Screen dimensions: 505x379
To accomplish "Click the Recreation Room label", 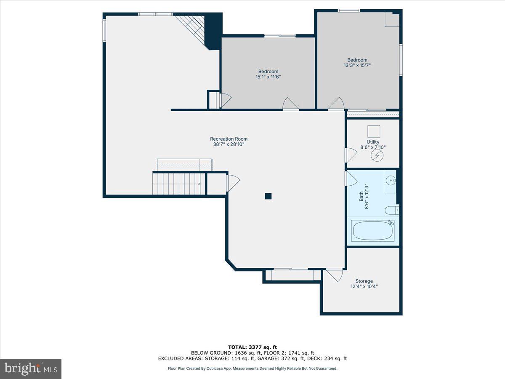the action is click(x=229, y=139).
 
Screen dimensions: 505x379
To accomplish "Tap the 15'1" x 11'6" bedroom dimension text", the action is click(x=268, y=77).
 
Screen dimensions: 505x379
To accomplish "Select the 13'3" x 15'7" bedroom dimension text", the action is click(x=357, y=65).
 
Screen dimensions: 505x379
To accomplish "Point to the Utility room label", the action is click(x=373, y=142).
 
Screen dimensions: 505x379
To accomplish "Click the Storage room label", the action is click(x=364, y=281).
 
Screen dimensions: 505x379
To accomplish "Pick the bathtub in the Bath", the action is click(x=373, y=230).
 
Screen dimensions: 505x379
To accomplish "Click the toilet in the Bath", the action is click(x=392, y=210).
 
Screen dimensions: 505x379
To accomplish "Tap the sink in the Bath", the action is click(x=391, y=180).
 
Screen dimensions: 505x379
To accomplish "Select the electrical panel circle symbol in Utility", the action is click(x=377, y=155).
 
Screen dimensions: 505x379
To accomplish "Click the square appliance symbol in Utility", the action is click(x=374, y=132).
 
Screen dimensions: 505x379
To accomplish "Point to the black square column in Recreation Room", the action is click(x=268, y=196).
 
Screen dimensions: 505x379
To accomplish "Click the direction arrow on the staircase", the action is click(x=198, y=184).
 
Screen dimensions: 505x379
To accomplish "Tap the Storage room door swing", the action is click(x=334, y=275).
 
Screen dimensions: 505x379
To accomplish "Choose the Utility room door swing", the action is click(x=351, y=155).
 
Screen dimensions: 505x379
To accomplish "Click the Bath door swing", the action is click(x=351, y=179).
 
